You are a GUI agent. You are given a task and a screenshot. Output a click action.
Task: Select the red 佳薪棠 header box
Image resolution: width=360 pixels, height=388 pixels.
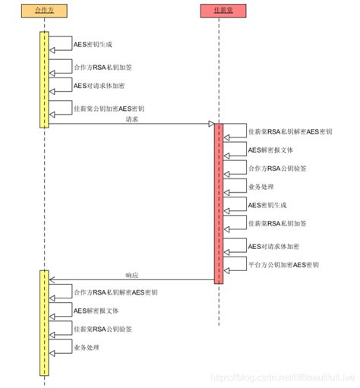coord(218,11)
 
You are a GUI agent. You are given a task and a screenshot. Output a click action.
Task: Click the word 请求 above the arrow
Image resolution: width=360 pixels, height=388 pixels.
coord(132,118)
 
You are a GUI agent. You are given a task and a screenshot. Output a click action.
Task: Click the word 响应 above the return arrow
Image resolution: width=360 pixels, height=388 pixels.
coord(132,275)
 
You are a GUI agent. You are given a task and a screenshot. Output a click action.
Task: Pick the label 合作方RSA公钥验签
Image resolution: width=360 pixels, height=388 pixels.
coord(281,168)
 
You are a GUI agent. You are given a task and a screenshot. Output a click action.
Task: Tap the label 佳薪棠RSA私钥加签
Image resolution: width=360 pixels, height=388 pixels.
coord(281,223)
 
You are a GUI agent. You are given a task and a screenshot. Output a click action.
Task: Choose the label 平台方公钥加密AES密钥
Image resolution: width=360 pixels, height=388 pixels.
coord(285,265)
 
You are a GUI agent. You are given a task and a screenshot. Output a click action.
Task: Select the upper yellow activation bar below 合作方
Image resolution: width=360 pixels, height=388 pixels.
coord(44,79)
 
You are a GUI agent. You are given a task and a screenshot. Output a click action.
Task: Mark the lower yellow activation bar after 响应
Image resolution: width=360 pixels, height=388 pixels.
coord(44,322)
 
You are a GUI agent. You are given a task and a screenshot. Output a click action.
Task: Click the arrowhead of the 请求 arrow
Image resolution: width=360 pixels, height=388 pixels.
coord(212,125)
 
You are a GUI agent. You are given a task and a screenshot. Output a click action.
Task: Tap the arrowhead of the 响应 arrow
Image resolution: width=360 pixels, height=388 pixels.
coord(52,280)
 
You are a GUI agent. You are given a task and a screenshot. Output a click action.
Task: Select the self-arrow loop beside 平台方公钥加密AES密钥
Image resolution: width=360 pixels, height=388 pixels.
coord(234,263)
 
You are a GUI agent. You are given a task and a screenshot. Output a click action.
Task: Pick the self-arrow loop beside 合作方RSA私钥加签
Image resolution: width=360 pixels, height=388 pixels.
coord(60,65)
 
